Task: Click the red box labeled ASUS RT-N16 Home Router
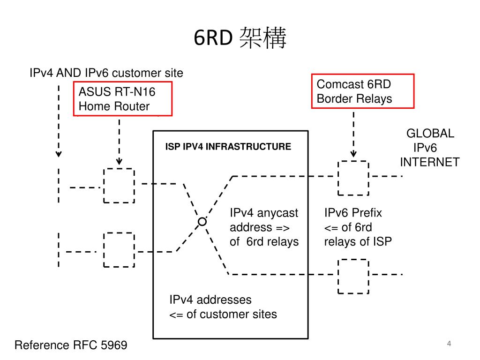(123, 99)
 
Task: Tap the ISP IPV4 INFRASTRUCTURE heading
(228, 147)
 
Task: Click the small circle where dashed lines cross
(202, 221)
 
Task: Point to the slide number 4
(449, 344)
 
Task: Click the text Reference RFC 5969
(71, 345)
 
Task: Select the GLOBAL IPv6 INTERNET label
(429, 148)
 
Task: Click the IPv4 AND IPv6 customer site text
(106, 73)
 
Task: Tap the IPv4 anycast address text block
(264, 227)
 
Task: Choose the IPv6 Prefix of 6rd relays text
(358, 227)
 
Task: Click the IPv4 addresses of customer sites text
(223, 307)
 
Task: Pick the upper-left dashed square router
(119, 186)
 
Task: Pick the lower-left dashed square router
(119, 249)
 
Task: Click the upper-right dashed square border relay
(353, 177)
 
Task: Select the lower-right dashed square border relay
(353, 276)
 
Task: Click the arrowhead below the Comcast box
(353, 154)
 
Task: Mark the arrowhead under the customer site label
(59, 154)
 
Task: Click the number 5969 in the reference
(113, 345)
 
